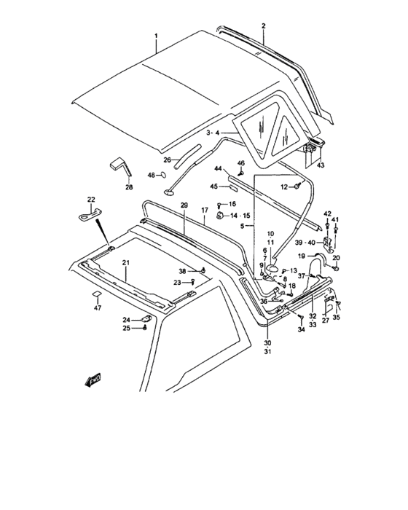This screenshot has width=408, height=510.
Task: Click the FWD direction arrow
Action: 93,380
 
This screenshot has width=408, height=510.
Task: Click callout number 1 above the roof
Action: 156,35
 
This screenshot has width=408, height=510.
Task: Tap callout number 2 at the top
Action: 264,25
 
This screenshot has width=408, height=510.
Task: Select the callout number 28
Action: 129,187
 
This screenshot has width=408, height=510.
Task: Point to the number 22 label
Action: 91,199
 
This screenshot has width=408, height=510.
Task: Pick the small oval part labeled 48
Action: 163,175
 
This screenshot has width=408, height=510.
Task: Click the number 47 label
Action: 98,307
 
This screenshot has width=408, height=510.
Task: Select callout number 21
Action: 126,262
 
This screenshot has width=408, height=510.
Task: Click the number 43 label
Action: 321,165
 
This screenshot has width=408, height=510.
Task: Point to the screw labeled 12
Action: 297,186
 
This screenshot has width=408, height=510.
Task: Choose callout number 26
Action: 168,160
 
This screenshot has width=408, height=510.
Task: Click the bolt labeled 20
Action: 337,269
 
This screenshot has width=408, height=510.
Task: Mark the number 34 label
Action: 302,330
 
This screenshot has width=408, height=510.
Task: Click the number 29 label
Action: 184,205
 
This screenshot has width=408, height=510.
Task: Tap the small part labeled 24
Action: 146,319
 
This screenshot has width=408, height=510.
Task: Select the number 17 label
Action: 205,211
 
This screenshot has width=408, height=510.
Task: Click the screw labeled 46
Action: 241,173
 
